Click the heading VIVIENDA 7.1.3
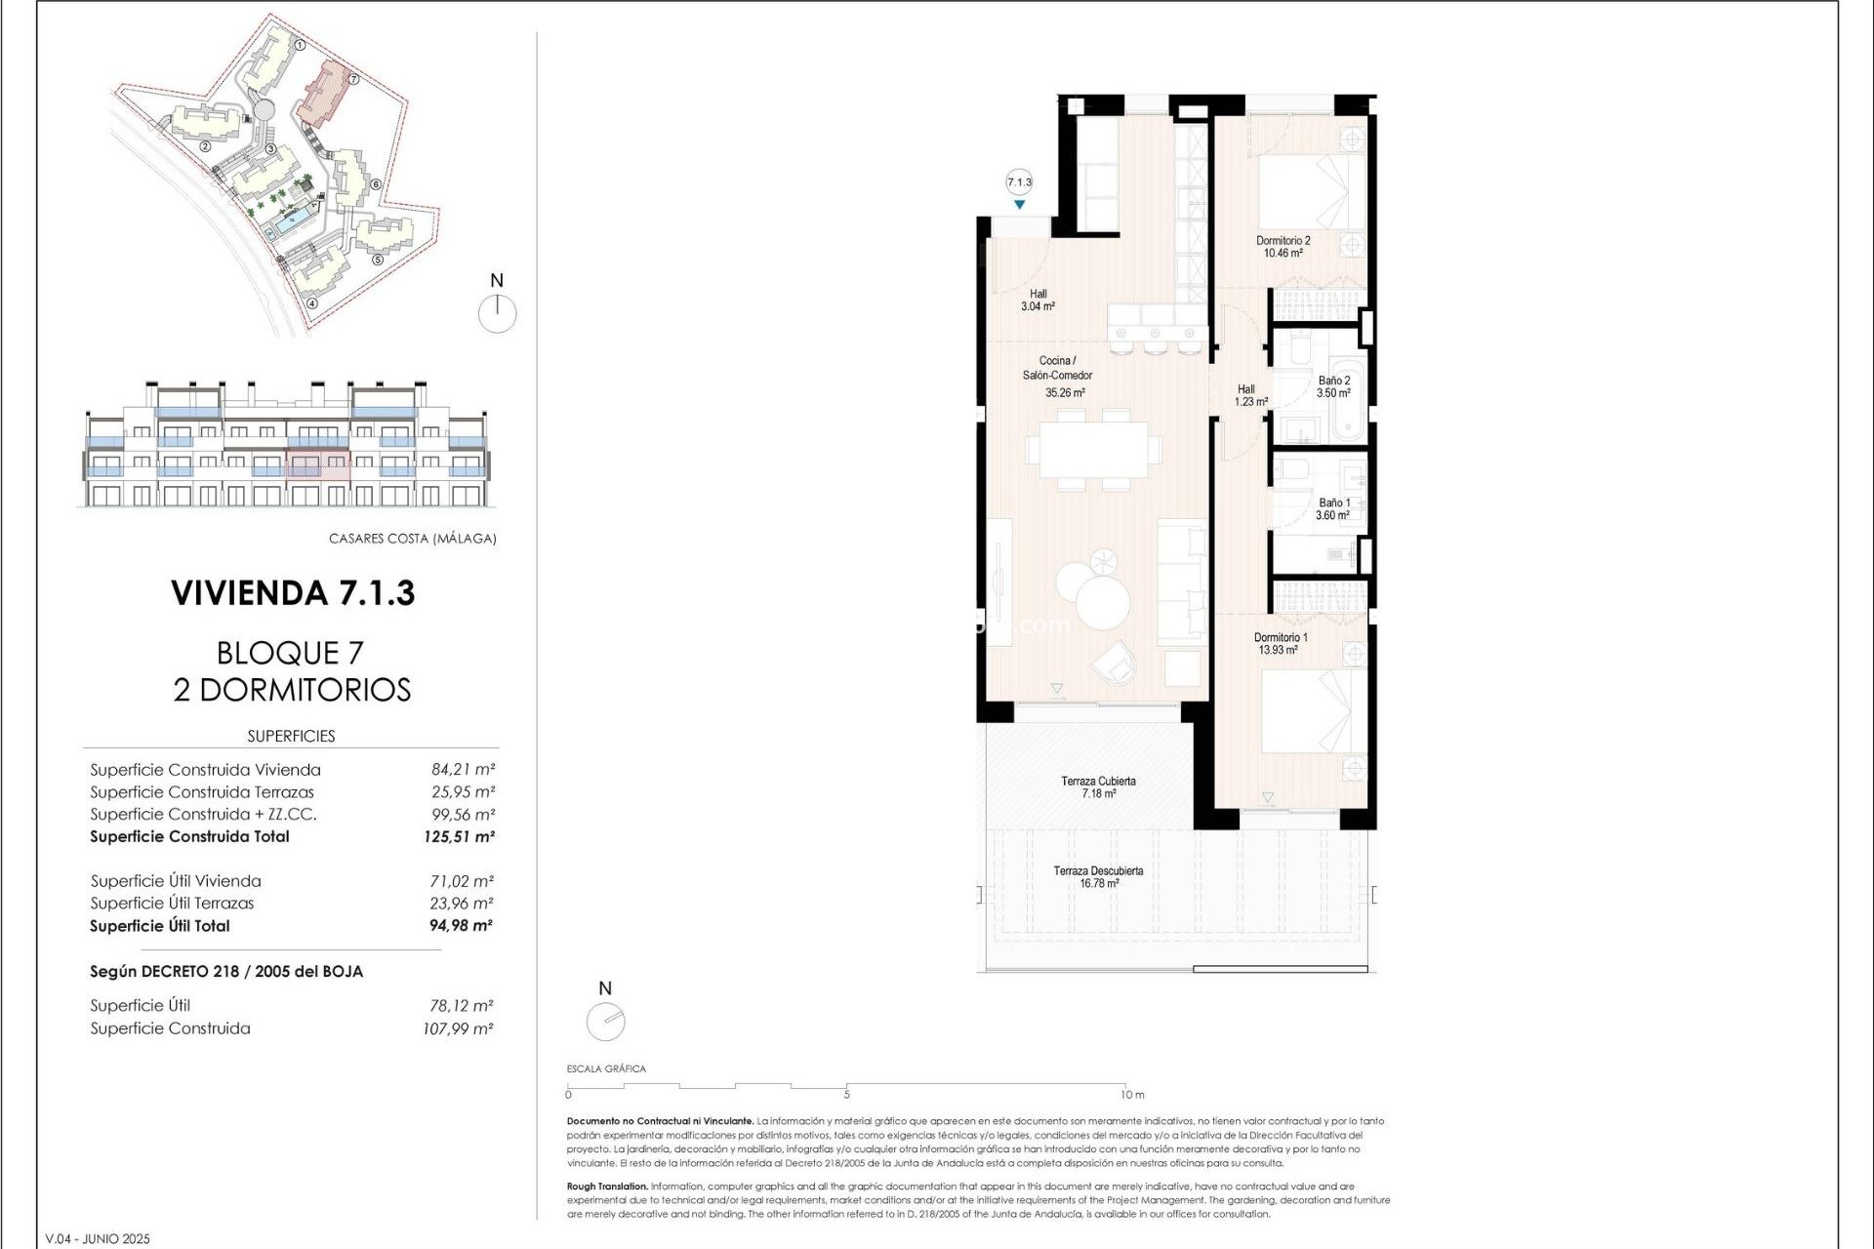point(293,593)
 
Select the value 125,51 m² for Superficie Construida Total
point(460,836)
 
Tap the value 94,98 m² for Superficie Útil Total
point(461,926)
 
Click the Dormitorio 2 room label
point(1283,247)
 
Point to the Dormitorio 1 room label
point(1280,644)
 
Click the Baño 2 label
point(1333,387)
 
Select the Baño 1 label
point(1333,509)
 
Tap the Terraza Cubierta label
point(1098,787)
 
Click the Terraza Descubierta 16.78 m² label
point(1098,877)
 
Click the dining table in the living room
point(1093,450)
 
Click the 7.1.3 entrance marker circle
point(1019,182)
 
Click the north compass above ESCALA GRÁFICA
point(605,1022)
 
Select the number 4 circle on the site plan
point(312,302)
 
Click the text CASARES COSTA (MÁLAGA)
point(412,539)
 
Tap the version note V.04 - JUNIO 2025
point(98,1239)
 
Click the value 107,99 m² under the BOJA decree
point(458,1028)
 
